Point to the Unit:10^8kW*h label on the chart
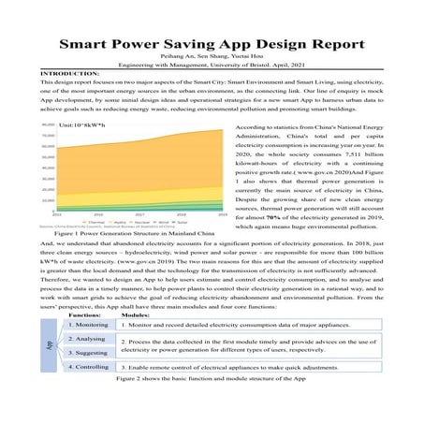pos(81,124)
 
